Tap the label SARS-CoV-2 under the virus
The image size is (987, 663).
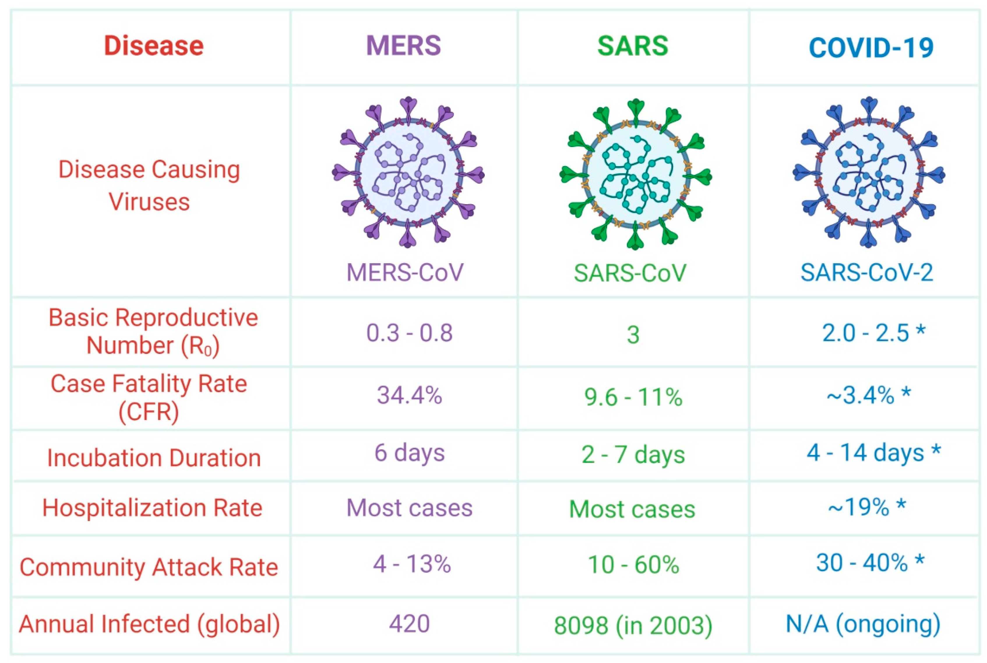866,273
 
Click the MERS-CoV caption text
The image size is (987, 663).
405,273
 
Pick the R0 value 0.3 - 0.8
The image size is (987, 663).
409,333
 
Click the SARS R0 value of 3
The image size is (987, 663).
632,335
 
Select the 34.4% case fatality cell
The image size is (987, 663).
409,396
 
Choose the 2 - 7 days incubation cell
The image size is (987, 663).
633,455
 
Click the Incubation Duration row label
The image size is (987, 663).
154,458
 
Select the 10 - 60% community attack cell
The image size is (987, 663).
633,565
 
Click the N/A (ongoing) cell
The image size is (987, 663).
862,624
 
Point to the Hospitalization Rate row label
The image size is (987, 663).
152,508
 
